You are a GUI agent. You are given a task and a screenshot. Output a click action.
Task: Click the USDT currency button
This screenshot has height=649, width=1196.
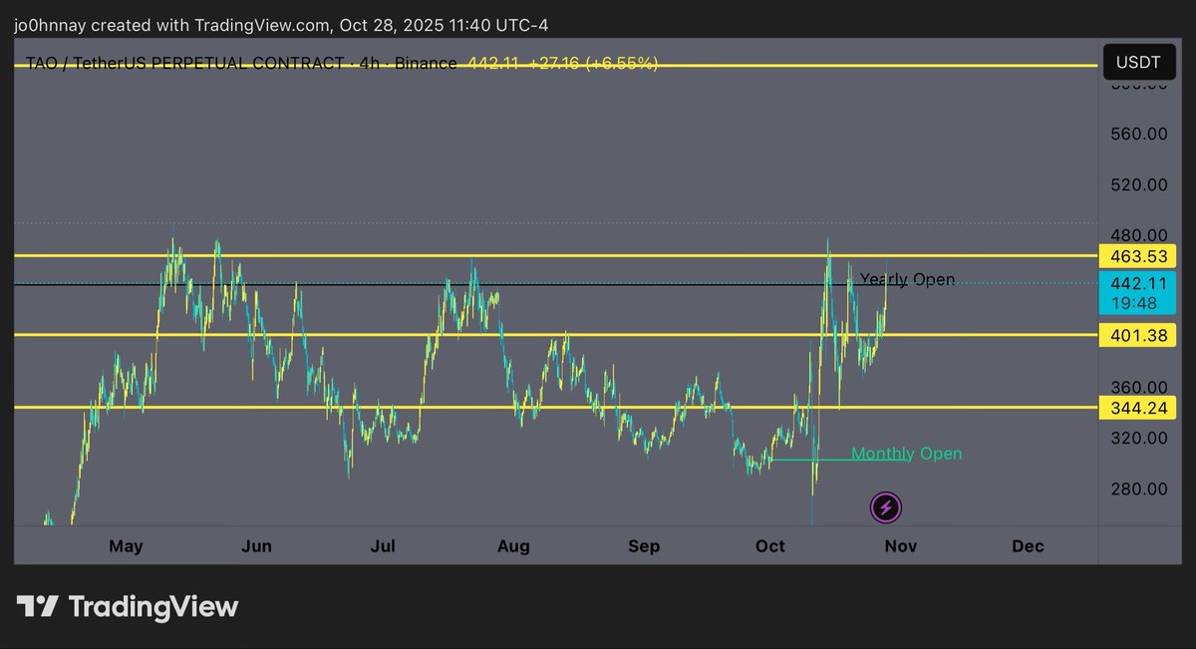point(1138,62)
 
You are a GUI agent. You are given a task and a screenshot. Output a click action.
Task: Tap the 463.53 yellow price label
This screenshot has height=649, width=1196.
point(1137,256)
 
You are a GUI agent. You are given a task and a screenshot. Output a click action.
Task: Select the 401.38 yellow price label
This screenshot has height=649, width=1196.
point(1137,335)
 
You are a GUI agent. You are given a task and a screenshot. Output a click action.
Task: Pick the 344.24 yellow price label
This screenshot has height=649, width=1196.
point(1137,408)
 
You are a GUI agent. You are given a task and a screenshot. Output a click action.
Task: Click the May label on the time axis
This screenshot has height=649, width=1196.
point(127,546)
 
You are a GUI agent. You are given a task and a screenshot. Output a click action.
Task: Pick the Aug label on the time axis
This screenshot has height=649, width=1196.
point(513,546)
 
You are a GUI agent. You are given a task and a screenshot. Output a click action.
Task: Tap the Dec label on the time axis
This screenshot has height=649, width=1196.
point(1028,546)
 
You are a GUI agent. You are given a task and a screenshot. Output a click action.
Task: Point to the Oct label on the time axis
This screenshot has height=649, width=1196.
point(770,546)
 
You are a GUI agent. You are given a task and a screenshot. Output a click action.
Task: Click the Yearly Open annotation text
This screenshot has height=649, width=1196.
point(907,279)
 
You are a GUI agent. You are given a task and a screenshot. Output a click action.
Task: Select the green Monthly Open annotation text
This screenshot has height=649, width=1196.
point(906,455)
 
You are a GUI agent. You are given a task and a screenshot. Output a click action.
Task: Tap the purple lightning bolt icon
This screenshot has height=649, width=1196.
point(886,508)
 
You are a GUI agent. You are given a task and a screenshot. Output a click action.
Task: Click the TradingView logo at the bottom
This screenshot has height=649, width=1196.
point(128,606)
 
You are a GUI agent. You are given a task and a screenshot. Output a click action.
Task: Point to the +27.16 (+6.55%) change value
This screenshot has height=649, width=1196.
point(593,64)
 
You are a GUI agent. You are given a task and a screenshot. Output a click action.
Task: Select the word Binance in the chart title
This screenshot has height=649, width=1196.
point(426,64)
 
